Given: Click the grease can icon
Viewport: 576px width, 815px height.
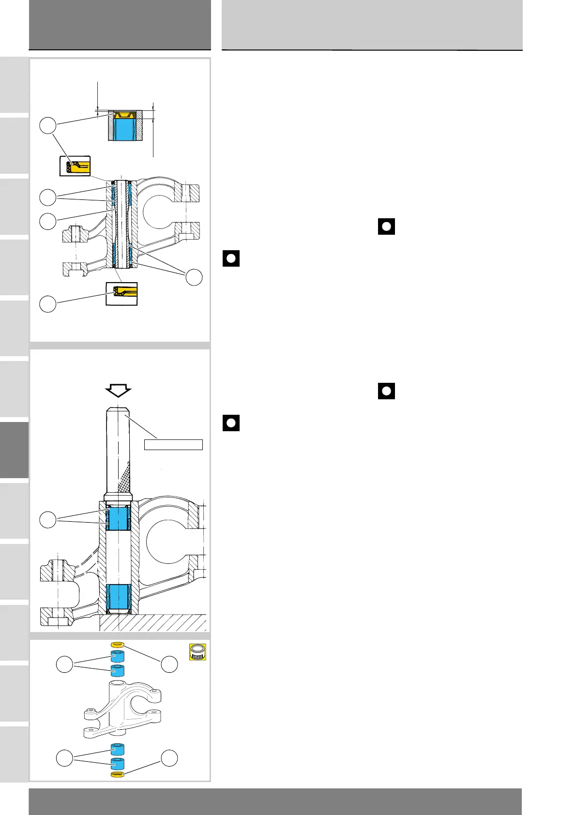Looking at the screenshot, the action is (197, 652).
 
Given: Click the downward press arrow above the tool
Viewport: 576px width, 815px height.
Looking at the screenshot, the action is (118, 390).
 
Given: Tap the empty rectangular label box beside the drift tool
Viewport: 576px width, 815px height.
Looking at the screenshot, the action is (173, 444).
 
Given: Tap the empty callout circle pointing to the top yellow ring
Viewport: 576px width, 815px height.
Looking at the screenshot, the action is (169, 664).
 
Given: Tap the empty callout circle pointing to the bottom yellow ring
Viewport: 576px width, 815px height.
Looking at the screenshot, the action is (169, 758).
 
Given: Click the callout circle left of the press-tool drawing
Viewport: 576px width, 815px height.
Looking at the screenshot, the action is (47, 520).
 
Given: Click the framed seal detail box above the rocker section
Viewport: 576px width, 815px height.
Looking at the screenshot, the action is (75, 166).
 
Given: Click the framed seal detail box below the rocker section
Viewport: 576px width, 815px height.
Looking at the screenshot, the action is (121, 293).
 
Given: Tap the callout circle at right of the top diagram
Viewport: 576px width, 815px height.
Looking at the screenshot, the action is (194, 277).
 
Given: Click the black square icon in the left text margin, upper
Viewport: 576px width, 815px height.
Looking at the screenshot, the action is (231, 258).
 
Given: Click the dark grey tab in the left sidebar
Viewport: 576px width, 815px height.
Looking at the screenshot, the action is (14, 450).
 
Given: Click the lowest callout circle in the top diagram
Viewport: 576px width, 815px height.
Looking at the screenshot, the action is (47, 304).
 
